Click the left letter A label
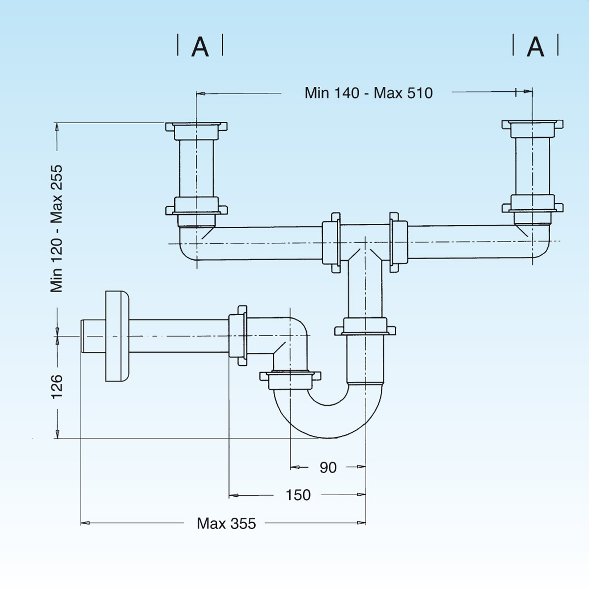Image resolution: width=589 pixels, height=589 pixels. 200,47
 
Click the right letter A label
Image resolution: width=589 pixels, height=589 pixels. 535,47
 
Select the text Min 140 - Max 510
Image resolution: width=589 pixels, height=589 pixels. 369,93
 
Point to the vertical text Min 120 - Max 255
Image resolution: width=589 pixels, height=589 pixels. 57,229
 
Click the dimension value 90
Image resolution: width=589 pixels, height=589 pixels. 328,467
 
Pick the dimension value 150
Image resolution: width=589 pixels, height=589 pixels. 298,495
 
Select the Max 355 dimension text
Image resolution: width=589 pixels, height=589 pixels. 226,523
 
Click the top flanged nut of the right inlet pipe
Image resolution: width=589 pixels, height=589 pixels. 532,128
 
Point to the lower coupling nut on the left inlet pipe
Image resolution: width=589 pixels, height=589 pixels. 196,209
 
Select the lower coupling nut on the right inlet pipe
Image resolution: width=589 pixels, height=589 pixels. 532,206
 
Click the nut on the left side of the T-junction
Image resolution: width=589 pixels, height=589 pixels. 332,242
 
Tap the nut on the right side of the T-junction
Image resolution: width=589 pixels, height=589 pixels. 398,242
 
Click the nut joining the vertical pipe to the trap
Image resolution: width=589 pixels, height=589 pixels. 365,327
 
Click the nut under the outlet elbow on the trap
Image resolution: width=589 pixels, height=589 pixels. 290,377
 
